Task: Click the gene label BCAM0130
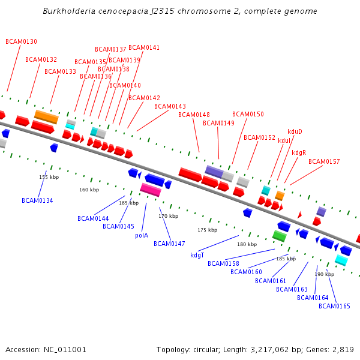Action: (x=21, y=42)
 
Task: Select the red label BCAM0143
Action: (x=170, y=107)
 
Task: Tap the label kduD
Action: (x=295, y=131)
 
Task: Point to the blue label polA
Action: (x=142, y=236)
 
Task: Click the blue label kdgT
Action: (x=197, y=255)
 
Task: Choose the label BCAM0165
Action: (x=334, y=306)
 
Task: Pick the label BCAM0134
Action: (x=37, y=200)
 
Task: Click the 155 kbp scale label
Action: (x=49, y=177)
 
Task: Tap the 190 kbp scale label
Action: (x=325, y=274)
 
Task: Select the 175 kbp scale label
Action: (x=208, y=230)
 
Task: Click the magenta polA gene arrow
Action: (x=151, y=190)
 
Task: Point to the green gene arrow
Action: (x=279, y=236)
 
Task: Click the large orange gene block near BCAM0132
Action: (x=46, y=117)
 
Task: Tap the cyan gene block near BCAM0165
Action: (x=341, y=260)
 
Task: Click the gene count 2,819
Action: (x=343, y=349)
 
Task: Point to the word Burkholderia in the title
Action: (x=67, y=11)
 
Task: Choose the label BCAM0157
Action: (x=324, y=162)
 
